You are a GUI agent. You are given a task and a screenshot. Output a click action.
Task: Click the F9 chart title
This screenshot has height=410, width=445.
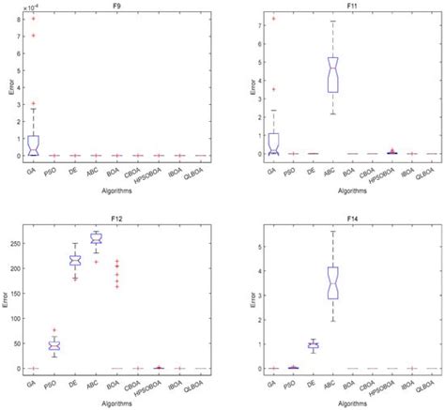115,5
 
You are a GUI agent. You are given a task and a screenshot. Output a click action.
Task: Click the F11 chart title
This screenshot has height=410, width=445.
341,5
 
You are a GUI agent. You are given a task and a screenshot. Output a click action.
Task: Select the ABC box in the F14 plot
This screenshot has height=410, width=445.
332,281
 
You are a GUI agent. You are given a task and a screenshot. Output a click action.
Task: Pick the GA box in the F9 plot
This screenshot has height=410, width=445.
34,144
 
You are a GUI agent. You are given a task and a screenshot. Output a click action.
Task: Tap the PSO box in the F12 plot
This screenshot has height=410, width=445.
54,346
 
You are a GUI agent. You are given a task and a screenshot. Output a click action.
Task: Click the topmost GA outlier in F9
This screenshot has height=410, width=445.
34,18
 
